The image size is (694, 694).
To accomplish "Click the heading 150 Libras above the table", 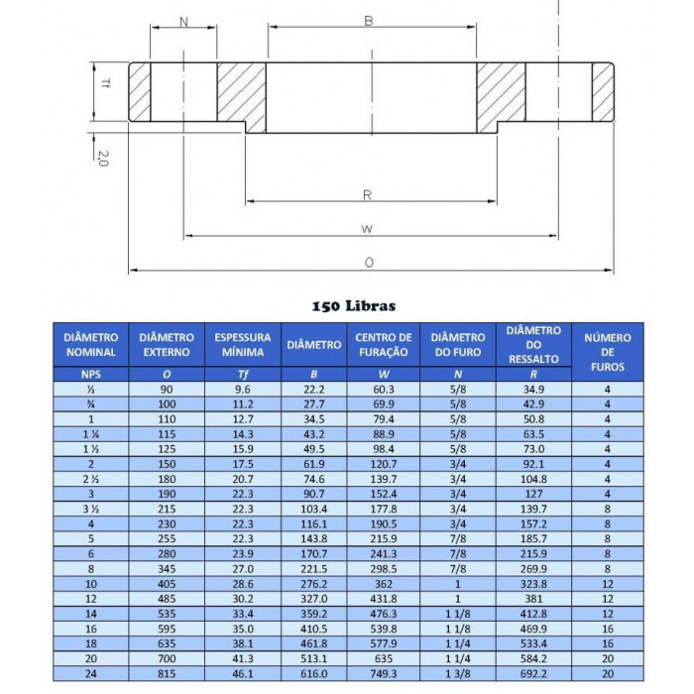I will pyautogui.click(x=353, y=306).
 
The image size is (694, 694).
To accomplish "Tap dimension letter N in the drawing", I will pyautogui.click(x=184, y=21).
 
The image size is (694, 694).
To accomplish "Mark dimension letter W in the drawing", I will pyautogui.click(x=366, y=229).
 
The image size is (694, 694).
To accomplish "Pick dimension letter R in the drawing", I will pyautogui.click(x=368, y=194).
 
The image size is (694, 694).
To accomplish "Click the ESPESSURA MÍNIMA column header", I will pyautogui.click(x=242, y=344).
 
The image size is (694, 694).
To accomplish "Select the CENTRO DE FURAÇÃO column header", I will pyautogui.click(x=383, y=344).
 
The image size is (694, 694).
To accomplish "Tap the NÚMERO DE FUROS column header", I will pyautogui.click(x=607, y=352).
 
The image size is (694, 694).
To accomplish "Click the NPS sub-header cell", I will pyautogui.click(x=90, y=374).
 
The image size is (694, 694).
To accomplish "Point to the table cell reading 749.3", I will pyautogui.click(x=383, y=673).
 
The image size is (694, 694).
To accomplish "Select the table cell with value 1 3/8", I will pyautogui.click(x=458, y=673).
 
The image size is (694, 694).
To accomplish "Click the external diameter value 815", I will pyautogui.click(x=166, y=673).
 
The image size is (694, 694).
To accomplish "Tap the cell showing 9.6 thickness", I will pyautogui.click(x=242, y=390).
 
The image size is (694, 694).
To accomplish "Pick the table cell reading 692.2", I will pyautogui.click(x=532, y=673).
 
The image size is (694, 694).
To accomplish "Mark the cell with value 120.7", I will pyautogui.click(x=383, y=463).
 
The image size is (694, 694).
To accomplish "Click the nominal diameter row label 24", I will pyautogui.click(x=90, y=673).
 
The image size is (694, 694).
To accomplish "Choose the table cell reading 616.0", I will pyautogui.click(x=313, y=673).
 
